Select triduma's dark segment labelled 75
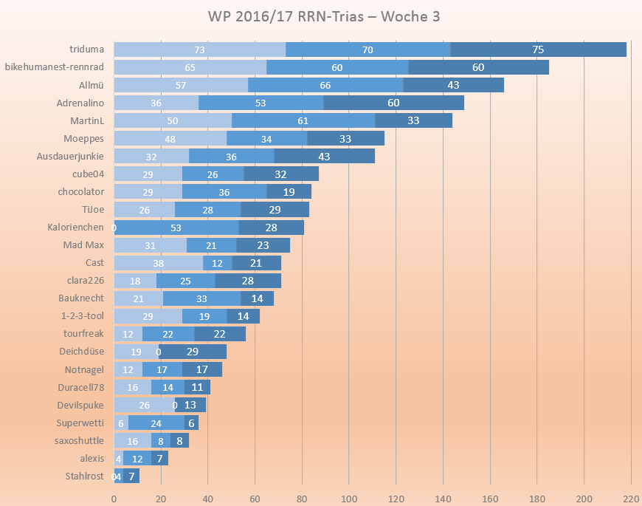click(x=538, y=49)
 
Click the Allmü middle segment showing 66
click(x=325, y=85)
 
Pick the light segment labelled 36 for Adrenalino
click(x=156, y=103)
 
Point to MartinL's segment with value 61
click(x=303, y=120)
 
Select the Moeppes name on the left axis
click(x=83, y=138)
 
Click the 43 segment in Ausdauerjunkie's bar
click(x=324, y=156)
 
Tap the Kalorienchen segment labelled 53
click(x=176, y=228)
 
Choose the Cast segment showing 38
click(x=158, y=263)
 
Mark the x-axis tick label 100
click(x=349, y=499)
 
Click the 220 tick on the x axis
click(x=631, y=499)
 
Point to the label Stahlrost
click(x=84, y=476)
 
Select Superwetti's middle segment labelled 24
click(x=156, y=423)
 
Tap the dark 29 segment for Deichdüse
click(x=193, y=352)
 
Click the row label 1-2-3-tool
click(x=82, y=316)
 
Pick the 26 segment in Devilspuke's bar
click(x=144, y=406)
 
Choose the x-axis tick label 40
click(x=207, y=499)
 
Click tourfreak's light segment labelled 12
click(x=128, y=334)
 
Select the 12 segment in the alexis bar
click(x=137, y=459)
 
